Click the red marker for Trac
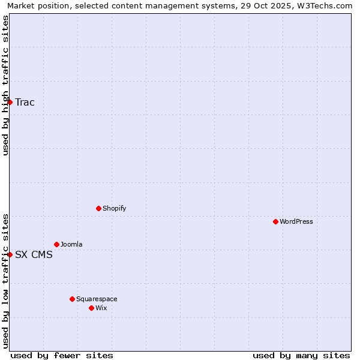(x=10, y=102)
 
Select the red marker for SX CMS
(x=10, y=254)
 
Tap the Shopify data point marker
(x=98, y=208)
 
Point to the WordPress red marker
(x=275, y=221)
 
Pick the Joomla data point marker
(x=56, y=244)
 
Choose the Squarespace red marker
(x=72, y=299)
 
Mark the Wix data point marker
(x=91, y=308)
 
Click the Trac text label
(x=25, y=102)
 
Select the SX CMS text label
(x=34, y=254)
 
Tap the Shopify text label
(x=114, y=208)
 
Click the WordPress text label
(x=296, y=221)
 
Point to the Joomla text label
(x=71, y=244)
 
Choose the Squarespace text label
(x=97, y=299)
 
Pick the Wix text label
(x=101, y=308)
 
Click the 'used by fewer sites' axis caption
(x=62, y=355)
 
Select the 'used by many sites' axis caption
(x=301, y=355)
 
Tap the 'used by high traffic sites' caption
(x=5, y=85)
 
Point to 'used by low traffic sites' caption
(x=5, y=280)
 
